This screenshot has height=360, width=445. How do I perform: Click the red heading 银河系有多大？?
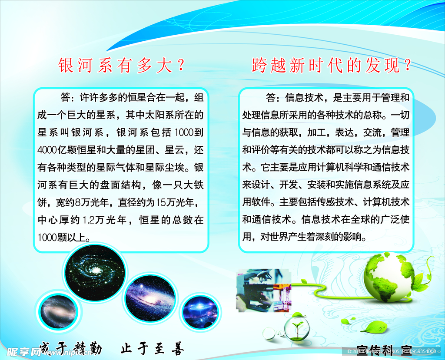point(122,66)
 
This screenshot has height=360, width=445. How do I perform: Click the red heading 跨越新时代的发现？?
point(331,66)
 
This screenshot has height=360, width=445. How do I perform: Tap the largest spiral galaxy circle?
point(95,271)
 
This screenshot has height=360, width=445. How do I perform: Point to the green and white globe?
point(387,277)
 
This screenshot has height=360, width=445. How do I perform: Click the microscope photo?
point(259,290)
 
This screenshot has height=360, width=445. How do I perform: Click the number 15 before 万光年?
point(160,202)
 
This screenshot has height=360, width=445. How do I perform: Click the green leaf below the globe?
point(372,326)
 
